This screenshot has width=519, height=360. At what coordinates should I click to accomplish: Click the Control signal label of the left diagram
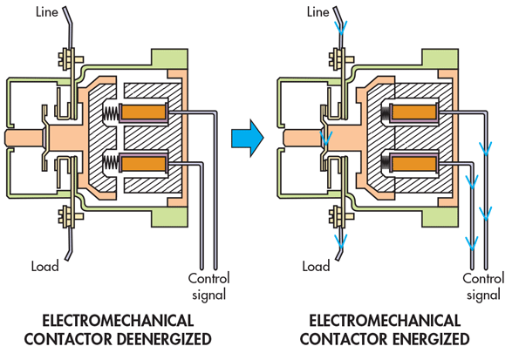208,286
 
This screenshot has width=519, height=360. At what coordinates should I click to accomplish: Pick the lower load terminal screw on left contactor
65,214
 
